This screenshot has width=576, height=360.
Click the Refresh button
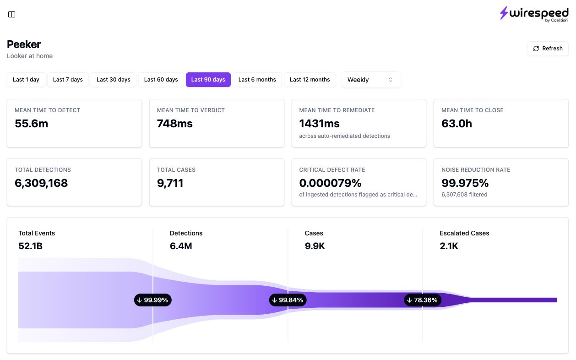click(x=548, y=49)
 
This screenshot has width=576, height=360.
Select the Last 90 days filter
click(x=208, y=80)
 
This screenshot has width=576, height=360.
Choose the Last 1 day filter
click(x=26, y=80)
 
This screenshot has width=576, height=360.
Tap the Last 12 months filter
click(x=310, y=80)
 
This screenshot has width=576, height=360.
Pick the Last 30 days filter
click(x=114, y=80)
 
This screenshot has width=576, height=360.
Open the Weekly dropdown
click(x=370, y=80)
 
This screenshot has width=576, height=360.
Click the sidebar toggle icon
click(x=11, y=14)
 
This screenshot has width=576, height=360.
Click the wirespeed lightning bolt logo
click(x=504, y=13)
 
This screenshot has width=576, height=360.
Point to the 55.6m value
click(x=32, y=123)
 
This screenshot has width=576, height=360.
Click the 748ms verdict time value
click(x=174, y=123)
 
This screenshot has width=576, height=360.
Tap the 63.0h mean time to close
click(x=456, y=123)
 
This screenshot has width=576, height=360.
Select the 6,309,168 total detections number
click(x=41, y=183)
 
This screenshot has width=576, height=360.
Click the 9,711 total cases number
click(x=170, y=183)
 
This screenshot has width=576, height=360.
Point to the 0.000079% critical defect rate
click(x=330, y=183)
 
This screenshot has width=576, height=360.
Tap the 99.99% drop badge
click(x=153, y=300)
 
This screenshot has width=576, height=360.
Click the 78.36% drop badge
click(x=423, y=300)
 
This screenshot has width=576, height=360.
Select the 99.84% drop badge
click(x=288, y=300)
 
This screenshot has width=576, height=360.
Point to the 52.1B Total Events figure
click(x=30, y=246)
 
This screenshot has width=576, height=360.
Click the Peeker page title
click(x=24, y=44)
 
